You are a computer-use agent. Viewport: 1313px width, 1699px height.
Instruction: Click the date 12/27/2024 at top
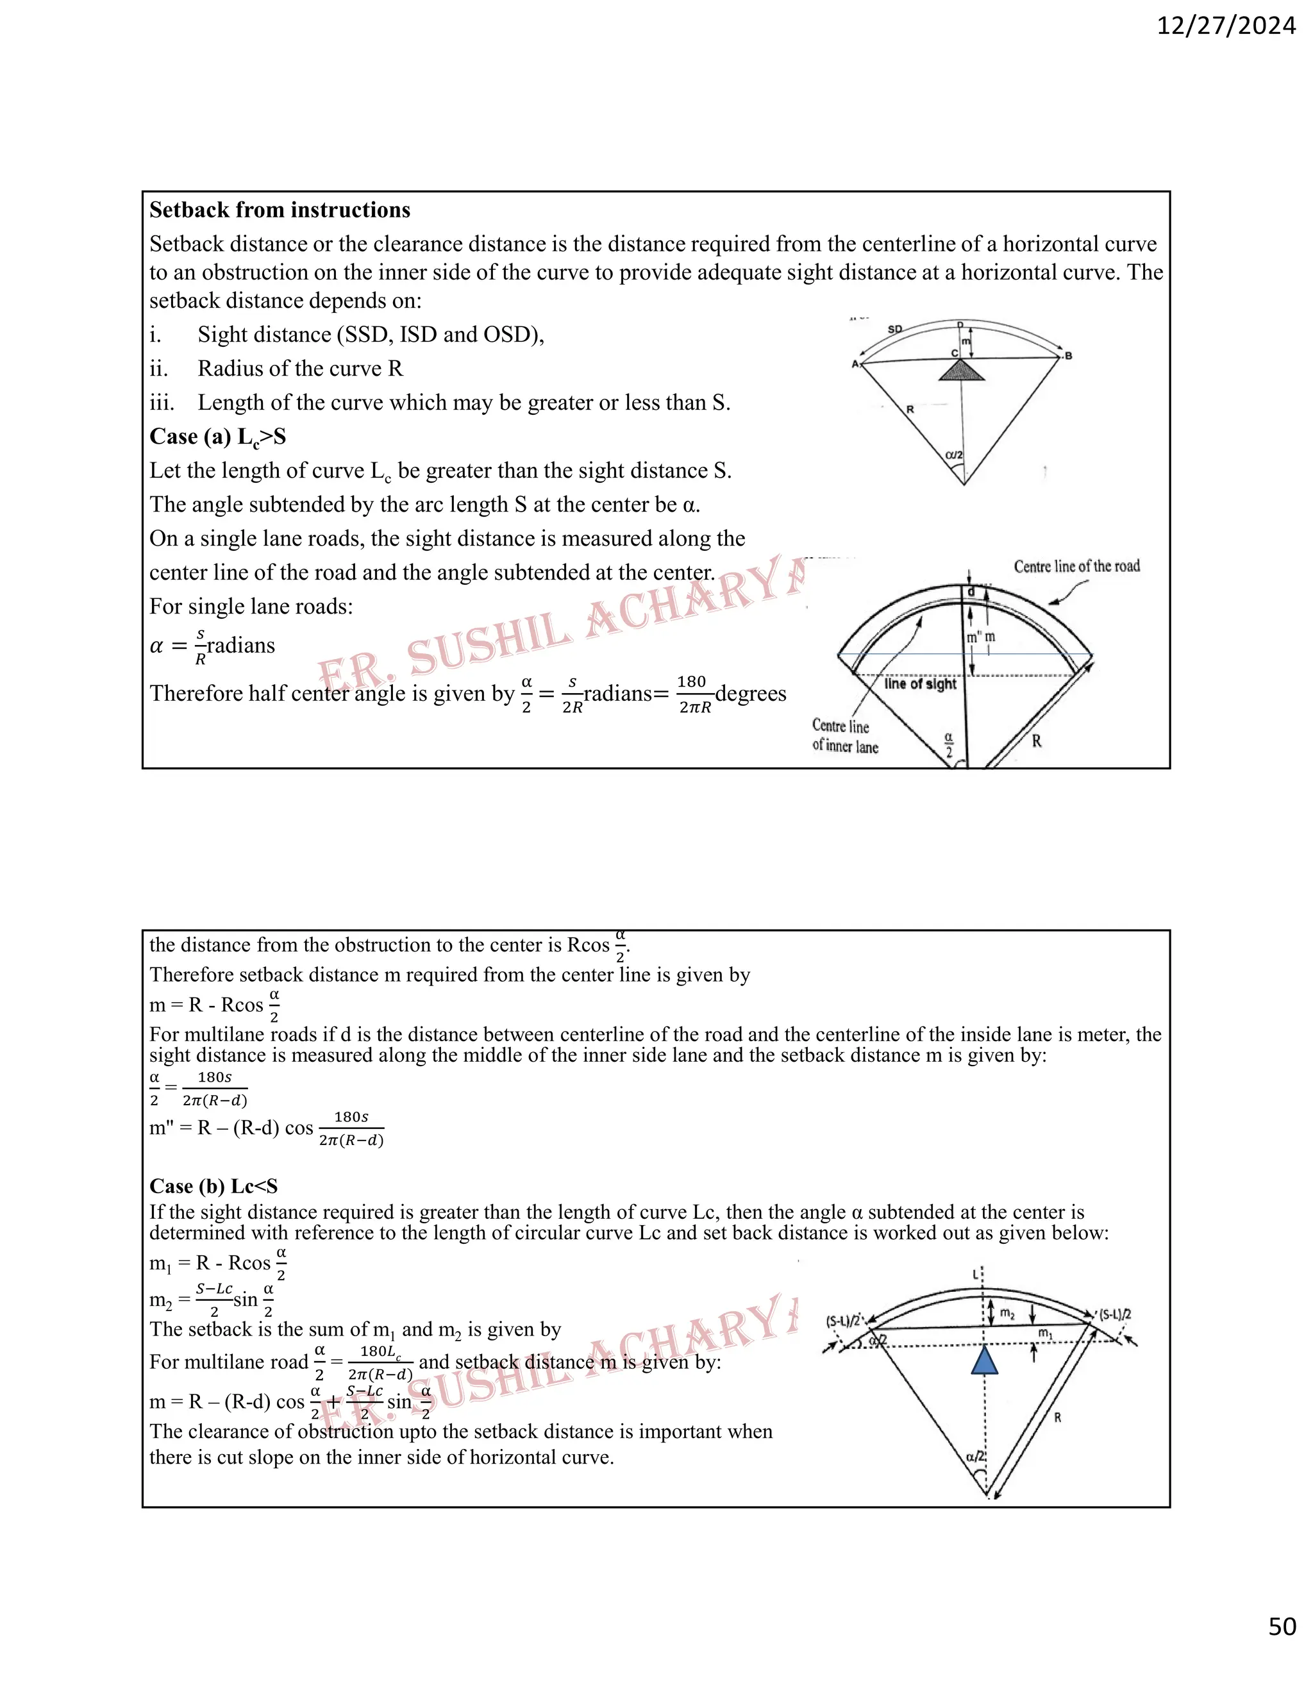(1226, 26)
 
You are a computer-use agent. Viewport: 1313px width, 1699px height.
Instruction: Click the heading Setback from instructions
(280, 210)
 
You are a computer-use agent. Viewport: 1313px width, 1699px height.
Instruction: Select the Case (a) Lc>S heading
(218, 437)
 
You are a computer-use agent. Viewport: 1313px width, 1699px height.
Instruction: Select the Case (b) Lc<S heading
(213, 1186)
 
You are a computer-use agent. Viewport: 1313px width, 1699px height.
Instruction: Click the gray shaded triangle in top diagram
(962, 371)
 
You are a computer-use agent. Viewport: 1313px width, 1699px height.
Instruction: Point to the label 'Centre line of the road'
(1076, 566)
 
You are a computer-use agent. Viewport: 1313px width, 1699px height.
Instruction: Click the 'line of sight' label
(920, 684)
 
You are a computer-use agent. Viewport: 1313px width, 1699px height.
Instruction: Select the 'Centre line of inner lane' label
(845, 736)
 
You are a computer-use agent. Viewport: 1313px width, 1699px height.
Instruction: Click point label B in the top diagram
(1069, 356)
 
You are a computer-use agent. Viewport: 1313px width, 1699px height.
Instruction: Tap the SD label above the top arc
(894, 329)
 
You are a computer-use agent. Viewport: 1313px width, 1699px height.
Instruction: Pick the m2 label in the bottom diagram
(1007, 1314)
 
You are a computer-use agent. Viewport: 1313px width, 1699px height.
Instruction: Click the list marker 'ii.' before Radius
(159, 369)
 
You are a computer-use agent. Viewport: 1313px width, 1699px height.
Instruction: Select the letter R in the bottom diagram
(1058, 1418)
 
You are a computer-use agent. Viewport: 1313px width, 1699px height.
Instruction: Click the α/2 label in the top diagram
(955, 455)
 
